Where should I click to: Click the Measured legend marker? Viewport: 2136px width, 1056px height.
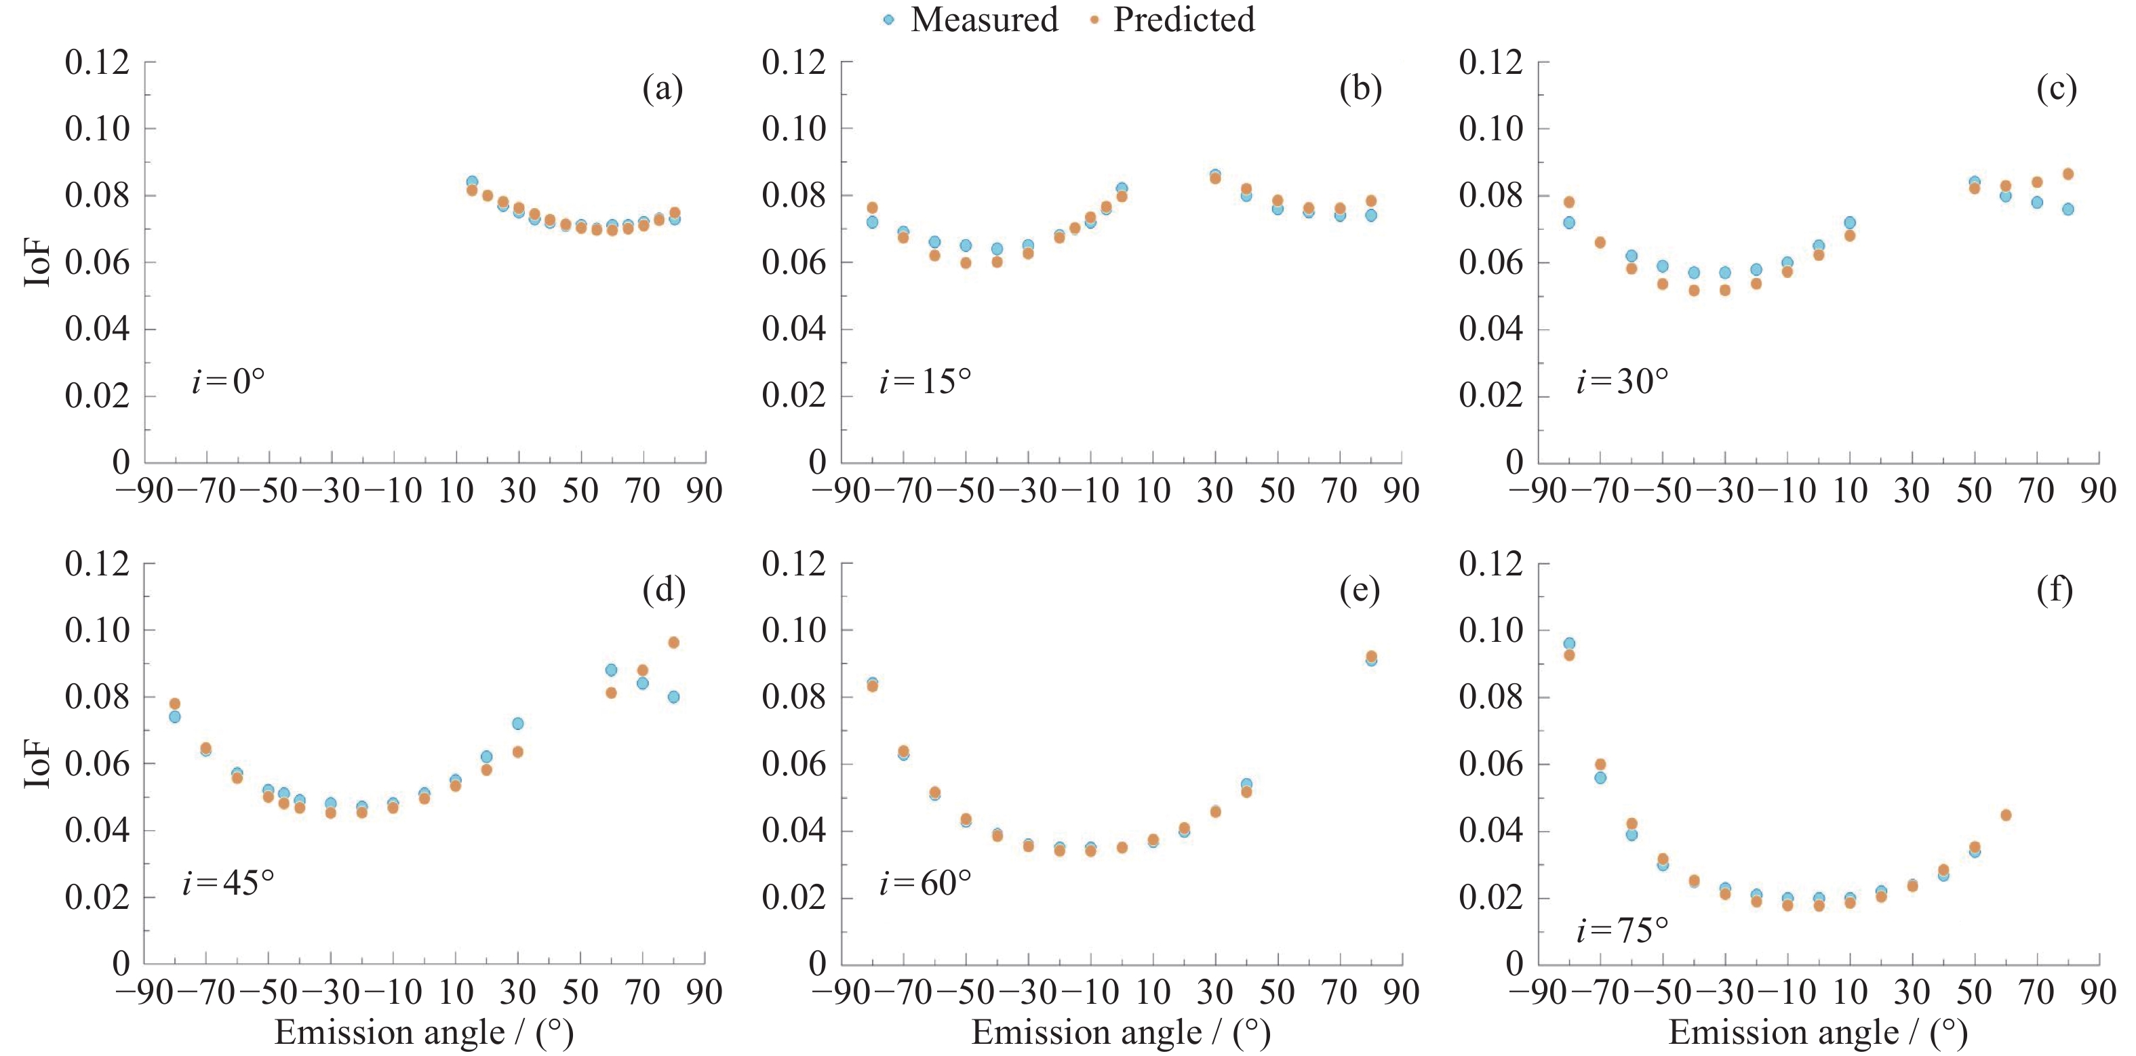889,20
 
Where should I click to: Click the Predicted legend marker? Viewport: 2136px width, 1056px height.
1094,20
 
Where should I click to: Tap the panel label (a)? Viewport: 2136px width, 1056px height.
662,88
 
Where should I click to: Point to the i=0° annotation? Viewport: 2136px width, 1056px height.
228,382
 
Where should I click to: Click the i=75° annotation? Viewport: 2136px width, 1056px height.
1622,931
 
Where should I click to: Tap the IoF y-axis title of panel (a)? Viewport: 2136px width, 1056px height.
38,263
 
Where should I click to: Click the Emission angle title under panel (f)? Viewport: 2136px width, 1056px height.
1817,1033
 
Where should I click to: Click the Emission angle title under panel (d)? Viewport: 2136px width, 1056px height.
424,1033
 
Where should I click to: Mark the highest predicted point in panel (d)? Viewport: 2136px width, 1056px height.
673,643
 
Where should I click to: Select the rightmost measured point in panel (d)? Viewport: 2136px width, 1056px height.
673,697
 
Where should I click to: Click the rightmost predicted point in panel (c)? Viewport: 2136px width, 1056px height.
2068,174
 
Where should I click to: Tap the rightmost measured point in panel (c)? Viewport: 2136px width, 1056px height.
2068,209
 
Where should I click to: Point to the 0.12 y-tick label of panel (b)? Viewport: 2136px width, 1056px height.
793,62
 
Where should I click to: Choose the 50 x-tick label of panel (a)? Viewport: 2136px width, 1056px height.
580,491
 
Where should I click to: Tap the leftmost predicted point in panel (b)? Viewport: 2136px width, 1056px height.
872,207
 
